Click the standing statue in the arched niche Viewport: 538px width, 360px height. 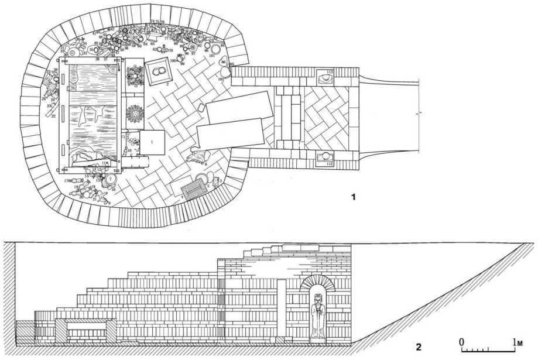click(318, 316)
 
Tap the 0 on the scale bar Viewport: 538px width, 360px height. click(462, 341)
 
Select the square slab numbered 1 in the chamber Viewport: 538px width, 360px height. click(152, 142)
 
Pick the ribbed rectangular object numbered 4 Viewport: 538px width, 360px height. click(193, 190)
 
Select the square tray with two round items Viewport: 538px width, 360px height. click(158, 73)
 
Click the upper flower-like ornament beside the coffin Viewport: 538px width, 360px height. click(134, 77)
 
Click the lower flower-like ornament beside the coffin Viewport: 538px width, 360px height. click(135, 113)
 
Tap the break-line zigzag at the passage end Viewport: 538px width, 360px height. click(417, 115)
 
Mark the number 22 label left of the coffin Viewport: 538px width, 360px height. click(53, 116)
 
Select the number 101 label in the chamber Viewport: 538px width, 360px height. click(212, 56)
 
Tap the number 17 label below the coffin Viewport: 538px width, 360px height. click(67, 181)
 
